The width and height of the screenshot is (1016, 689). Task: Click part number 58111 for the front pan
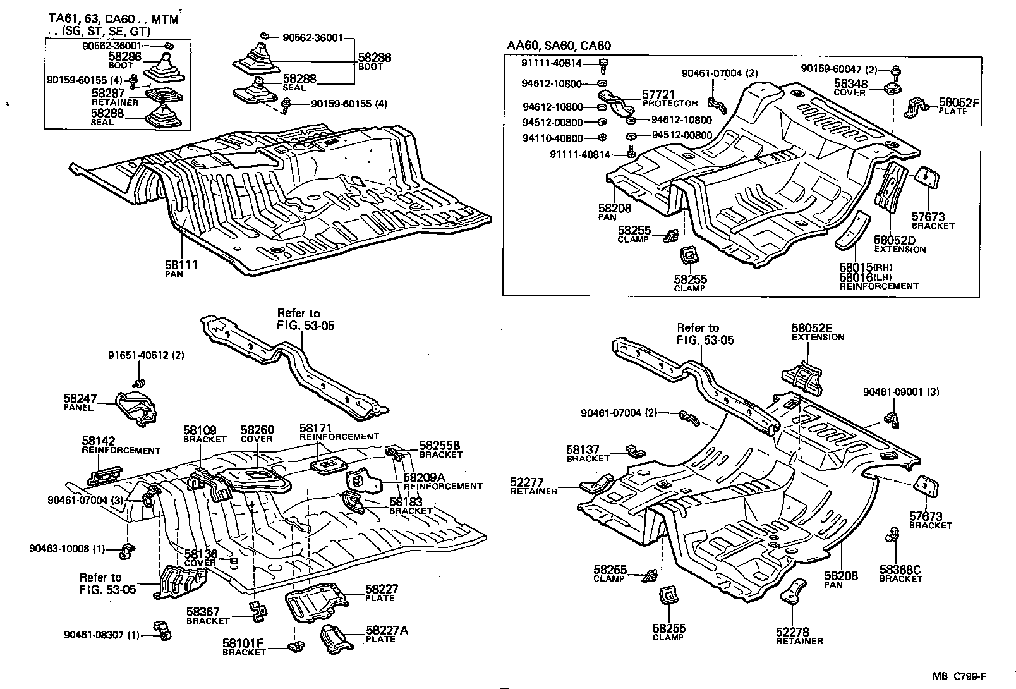[x=181, y=264]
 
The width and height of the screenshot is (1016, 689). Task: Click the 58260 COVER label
[x=257, y=433]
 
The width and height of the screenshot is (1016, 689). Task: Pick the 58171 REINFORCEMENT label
[x=339, y=432]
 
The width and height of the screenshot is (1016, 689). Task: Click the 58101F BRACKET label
[x=243, y=647]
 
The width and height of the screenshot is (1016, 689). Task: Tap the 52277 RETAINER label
[x=533, y=486]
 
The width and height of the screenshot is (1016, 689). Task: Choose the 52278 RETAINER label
[x=799, y=636]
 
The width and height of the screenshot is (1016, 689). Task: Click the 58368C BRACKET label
[x=900, y=574]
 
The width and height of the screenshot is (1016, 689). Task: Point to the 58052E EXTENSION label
[x=816, y=332]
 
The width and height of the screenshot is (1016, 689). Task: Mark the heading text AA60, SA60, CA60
[x=559, y=46]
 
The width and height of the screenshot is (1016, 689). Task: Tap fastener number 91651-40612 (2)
[x=146, y=355]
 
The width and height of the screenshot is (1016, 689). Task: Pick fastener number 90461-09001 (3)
[x=900, y=392]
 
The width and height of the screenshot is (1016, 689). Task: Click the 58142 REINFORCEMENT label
[x=120, y=445]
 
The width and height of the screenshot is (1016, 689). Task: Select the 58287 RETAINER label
[x=114, y=97]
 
